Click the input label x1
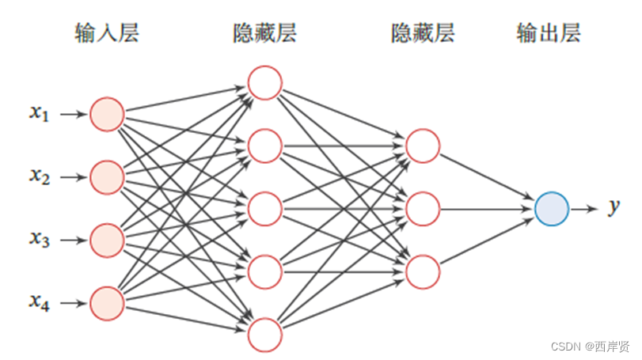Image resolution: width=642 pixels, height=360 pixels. [40, 114]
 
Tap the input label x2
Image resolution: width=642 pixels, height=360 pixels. [40, 176]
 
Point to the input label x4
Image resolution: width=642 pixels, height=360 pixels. [40, 301]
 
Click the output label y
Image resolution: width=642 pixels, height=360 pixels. [614, 208]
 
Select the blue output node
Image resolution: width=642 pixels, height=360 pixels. [551, 209]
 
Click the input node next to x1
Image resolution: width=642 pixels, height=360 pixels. [107, 114]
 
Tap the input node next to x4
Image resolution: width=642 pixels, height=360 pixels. [107, 301]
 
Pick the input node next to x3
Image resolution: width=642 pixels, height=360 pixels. [107, 239]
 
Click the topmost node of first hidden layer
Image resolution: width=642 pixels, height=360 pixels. [264, 83]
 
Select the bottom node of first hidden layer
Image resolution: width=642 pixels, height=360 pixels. [264, 334]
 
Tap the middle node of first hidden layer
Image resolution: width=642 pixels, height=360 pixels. [264, 209]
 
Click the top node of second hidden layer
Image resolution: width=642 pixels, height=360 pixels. [422, 146]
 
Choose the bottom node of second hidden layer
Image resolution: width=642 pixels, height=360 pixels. [422, 271]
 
